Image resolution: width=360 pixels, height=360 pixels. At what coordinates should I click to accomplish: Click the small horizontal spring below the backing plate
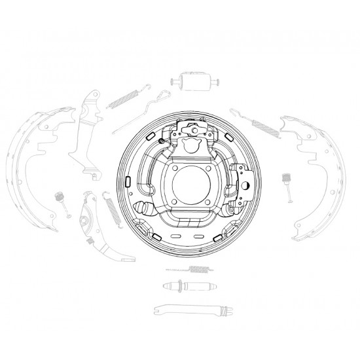click(x=192, y=270)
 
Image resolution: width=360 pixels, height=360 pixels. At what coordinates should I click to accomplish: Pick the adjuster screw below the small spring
click(x=189, y=287)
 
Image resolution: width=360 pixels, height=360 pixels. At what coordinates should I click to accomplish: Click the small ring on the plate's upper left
click(x=162, y=139)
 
